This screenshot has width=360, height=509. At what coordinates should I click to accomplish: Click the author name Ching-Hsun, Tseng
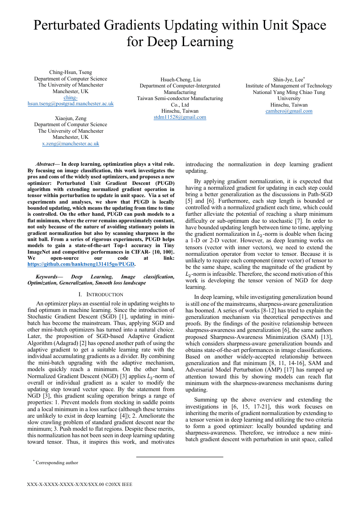(71, 72)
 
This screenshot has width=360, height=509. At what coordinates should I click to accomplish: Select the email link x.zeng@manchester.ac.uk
(71, 144)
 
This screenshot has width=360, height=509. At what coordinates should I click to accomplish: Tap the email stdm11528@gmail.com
(180, 117)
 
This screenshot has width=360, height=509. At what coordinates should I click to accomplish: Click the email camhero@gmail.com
(289, 111)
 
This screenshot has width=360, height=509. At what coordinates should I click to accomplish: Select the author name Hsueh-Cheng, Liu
(180, 80)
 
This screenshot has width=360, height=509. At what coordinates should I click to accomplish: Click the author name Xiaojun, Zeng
(71, 118)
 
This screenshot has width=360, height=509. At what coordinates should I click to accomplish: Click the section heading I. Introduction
(101, 295)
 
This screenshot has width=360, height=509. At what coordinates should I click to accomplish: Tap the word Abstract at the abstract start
(47, 164)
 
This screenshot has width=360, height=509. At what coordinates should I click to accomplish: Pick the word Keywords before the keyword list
(47, 277)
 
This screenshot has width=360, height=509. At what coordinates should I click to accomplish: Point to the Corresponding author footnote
(57, 463)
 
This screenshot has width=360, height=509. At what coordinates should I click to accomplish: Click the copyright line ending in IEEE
(79, 484)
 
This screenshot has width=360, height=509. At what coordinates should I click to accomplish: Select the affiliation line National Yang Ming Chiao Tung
(289, 92)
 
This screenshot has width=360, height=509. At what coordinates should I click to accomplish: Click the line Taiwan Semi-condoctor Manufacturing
(180, 99)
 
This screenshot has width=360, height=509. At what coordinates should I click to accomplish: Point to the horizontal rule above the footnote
(179, 457)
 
